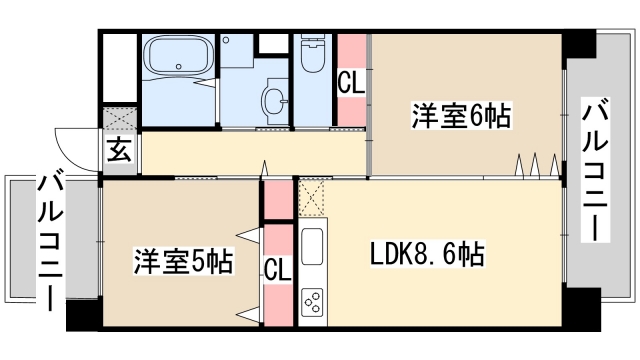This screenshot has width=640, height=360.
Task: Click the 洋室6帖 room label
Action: click(460, 117)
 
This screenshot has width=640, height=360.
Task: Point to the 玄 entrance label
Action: click(118, 152)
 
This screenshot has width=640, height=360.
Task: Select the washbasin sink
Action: click(273, 100)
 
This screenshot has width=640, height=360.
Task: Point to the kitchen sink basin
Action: click(310, 243)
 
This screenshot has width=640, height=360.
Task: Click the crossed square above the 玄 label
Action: click(118, 119)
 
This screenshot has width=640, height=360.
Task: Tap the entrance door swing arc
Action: click(75, 150)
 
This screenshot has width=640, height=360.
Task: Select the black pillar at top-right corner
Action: click(577, 44)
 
